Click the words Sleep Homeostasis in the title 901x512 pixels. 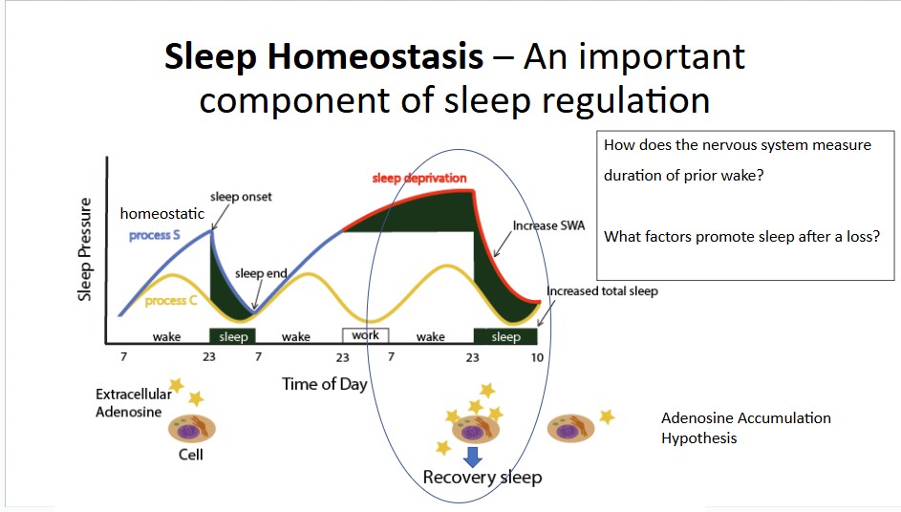click(324, 57)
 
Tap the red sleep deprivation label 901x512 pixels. click(419, 178)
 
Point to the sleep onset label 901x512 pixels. click(241, 197)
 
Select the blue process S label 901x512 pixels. click(155, 235)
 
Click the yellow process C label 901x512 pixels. click(171, 301)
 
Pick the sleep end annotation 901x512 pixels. click(261, 273)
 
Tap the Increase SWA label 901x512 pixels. click(548, 225)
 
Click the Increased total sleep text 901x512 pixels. click(602, 291)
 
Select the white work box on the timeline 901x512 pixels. click(365, 335)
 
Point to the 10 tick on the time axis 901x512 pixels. click(537, 357)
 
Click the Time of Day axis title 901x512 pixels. click(325, 384)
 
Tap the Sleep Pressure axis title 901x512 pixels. click(85, 248)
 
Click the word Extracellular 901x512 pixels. click(134, 395)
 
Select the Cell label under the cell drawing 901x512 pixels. click(191, 455)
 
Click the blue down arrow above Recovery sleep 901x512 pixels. click(472, 457)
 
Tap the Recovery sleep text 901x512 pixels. click(483, 477)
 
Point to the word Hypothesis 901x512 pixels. click(698, 438)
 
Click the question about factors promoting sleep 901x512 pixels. click(741, 237)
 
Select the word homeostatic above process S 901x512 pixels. click(162, 214)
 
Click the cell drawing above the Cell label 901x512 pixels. click(192, 428)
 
